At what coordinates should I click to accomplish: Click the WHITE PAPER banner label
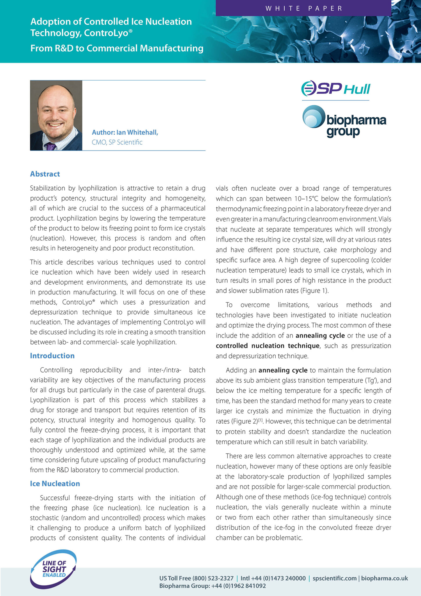click(x=304, y=8)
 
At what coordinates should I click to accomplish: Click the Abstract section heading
click(x=45, y=174)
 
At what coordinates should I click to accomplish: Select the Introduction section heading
click(x=52, y=356)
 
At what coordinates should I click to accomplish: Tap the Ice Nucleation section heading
click(x=55, y=483)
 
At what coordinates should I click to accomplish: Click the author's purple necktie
click(x=51, y=146)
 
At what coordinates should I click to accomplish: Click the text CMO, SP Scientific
click(x=117, y=142)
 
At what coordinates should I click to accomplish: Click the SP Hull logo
click(x=336, y=88)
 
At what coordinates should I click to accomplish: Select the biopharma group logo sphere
click(x=313, y=117)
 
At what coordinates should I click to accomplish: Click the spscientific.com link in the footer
click(x=334, y=578)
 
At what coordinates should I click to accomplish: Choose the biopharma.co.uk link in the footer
click(x=385, y=578)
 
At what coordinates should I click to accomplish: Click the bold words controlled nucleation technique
click(x=267, y=346)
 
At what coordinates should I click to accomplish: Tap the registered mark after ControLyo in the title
click(x=131, y=30)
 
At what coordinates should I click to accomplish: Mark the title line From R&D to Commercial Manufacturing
click(x=117, y=48)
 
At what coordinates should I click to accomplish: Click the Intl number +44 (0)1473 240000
click(x=279, y=578)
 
